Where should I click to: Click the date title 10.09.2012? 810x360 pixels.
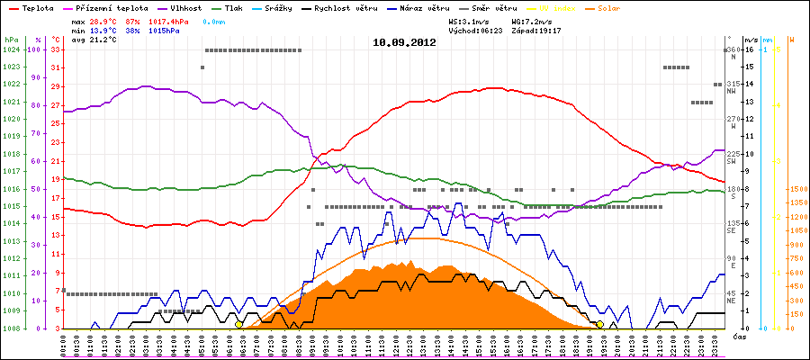pos(405,42)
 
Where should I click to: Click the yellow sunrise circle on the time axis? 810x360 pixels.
pos(238,324)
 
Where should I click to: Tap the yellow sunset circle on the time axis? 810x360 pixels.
pos(599,324)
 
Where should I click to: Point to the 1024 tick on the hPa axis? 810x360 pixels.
pos(11,49)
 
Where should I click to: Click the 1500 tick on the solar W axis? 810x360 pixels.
pos(797,190)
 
